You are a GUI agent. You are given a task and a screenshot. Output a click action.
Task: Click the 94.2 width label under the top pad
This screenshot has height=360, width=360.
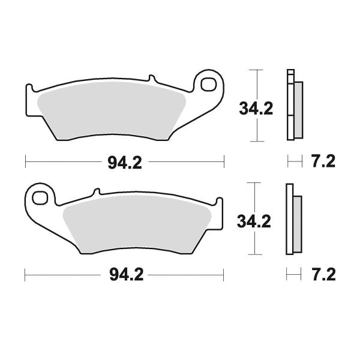click(125, 163)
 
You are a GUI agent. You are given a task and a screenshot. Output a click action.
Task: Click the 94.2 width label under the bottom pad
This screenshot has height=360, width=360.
click(125, 275)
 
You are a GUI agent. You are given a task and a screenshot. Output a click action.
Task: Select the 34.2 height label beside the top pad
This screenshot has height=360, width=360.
click(256, 109)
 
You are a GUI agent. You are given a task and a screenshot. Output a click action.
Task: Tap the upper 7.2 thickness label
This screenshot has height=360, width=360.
click(322, 161)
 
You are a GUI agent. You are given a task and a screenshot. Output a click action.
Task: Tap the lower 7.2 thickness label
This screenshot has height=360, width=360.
click(322, 275)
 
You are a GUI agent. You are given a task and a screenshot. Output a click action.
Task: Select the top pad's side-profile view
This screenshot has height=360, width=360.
click(295, 106)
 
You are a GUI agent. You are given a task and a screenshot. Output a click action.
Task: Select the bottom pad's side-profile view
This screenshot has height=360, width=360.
click(293, 219)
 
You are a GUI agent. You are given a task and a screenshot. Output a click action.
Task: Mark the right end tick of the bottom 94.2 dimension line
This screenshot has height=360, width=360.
click(224, 275)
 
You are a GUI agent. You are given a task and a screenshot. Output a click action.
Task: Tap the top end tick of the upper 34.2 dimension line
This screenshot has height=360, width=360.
click(256, 71)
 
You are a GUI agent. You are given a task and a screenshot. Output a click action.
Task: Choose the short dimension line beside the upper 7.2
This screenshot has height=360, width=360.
click(294, 161)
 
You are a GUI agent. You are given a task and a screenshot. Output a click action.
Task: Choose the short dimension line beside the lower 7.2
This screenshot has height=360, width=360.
click(293, 275)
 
